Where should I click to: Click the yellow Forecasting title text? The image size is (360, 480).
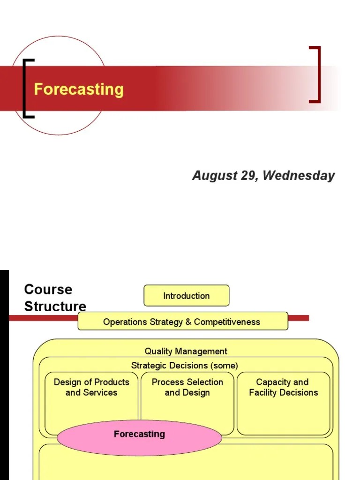pyautogui.click(x=79, y=89)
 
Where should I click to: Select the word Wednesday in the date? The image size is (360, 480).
pyautogui.click(x=299, y=176)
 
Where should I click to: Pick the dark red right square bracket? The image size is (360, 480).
pyautogui.click(x=319, y=74)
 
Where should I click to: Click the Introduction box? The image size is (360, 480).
pyautogui.click(x=186, y=296)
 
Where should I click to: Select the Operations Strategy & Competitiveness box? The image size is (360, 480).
pyautogui.click(x=182, y=322)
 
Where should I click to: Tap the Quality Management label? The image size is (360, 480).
pyautogui.click(x=186, y=351)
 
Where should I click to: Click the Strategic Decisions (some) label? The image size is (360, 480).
pyautogui.click(x=185, y=365)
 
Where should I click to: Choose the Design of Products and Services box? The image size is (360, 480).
pyautogui.click(x=91, y=398)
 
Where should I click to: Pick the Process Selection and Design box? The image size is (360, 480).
pyautogui.click(x=187, y=398)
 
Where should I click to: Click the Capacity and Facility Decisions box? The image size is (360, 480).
pyautogui.click(x=283, y=398)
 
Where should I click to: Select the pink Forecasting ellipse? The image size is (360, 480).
pyautogui.click(x=139, y=437)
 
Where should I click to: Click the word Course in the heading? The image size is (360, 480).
pyautogui.click(x=48, y=289)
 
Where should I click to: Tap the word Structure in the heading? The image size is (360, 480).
pyautogui.click(x=55, y=307)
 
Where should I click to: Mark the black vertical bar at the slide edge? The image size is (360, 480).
pyautogui.click(x=4, y=375)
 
